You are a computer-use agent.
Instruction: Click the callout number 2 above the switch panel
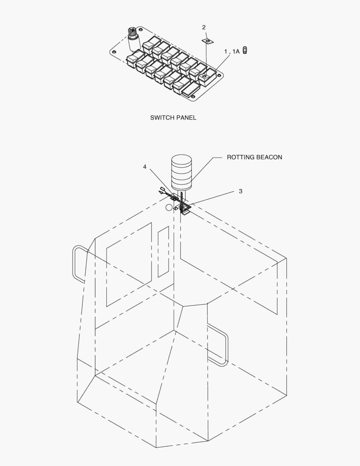click(204, 28)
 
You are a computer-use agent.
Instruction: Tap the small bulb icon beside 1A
click(245, 50)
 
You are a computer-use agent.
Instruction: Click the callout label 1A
click(236, 52)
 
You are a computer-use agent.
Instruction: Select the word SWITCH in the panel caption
click(161, 117)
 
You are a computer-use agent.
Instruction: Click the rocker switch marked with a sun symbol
click(206, 77)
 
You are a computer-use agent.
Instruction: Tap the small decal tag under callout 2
click(208, 41)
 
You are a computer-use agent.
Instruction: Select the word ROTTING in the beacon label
click(240, 157)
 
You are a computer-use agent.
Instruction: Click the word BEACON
click(269, 157)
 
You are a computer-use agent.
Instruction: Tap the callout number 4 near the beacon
click(145, 167)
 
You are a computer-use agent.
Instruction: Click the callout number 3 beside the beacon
click(241, 191)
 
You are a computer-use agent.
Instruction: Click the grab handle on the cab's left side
click(78, 263)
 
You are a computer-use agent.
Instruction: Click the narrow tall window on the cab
click(163, 252)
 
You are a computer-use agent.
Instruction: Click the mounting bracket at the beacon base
click(185, 209)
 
